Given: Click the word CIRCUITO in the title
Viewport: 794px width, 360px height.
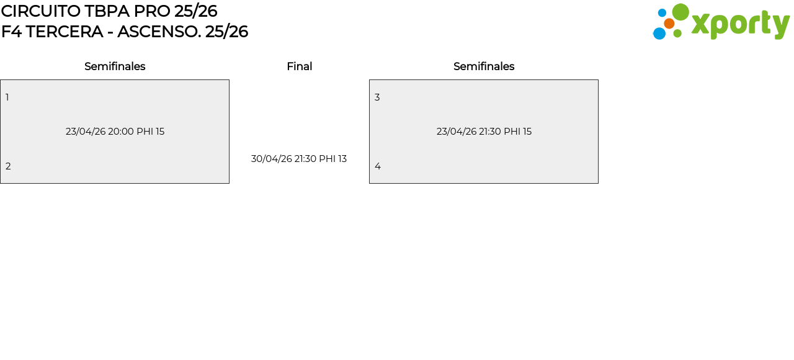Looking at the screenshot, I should pyautogui.click(x=40, y=11).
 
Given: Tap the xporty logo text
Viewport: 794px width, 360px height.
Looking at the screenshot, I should pyautogui.click(x=740, y=24).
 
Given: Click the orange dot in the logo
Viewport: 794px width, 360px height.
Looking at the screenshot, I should pyautogui.click(x=669, y=24).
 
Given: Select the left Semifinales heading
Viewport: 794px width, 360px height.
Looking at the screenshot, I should pyautogui.click(x=115, y=66).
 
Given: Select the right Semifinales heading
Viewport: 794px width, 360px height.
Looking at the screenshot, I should pyautogui.click(x=484, y=66).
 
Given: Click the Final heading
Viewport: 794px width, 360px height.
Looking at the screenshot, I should pyautogui.click(x=299, y=66).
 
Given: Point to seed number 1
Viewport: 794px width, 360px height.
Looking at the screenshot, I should pyautogui.click(x=7, y=97).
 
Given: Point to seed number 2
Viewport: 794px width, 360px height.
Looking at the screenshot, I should pyautogui.click(x=8, y=166).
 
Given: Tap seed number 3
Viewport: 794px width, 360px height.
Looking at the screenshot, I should pyautogui.click(x=377, y=97).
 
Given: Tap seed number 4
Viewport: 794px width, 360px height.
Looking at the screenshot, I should pyautogui.click(x=378, y=166).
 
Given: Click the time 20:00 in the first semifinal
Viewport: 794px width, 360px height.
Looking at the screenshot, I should pyautogui.click(x=121, y=132).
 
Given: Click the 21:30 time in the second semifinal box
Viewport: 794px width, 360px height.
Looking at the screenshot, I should pyautogui.click(x=489, y=132).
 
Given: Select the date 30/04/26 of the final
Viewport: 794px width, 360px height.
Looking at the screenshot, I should pyautogui.click(x=271, y=159).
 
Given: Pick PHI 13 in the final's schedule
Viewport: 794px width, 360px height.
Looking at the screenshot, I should pyautogui.click(x=332, y=159).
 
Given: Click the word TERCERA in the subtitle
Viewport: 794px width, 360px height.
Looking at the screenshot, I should pyautogui.click(x=65, y=32).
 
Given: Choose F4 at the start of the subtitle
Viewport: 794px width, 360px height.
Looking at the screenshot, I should pyautogui.click(x=11, y=32).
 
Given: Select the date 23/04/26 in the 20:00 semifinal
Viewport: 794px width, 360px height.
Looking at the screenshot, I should pyautogui.click(x=86, y=132).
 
